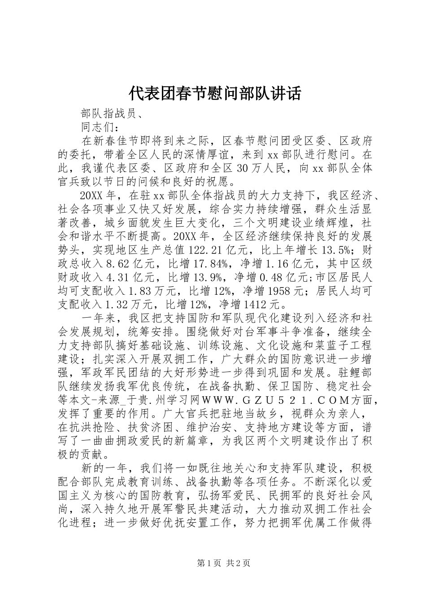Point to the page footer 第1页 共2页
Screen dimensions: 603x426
pos(213,563)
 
